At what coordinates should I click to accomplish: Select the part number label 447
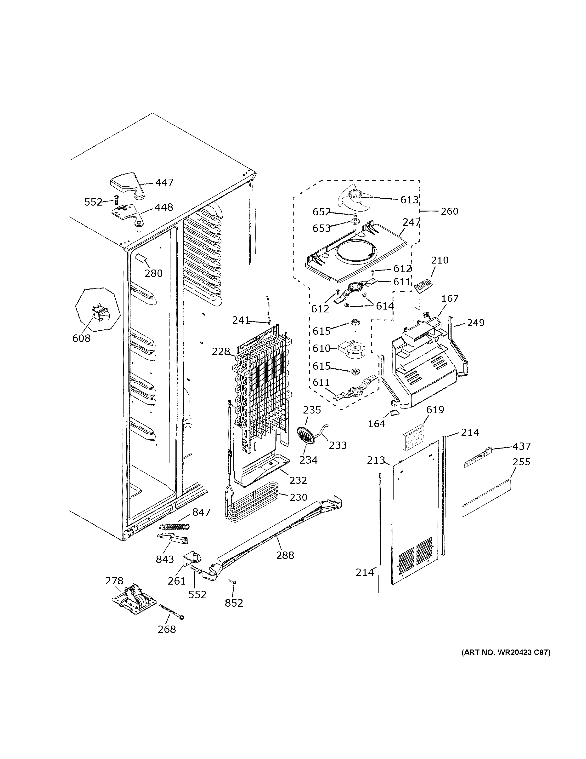click(164, 183)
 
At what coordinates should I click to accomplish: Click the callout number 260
click(449, 211)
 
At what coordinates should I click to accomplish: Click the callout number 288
click(285, 555)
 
